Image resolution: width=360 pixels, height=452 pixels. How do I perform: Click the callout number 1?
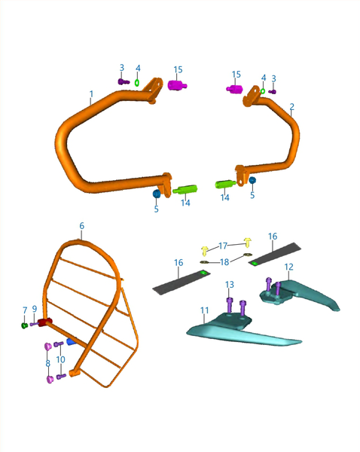click(91, 94)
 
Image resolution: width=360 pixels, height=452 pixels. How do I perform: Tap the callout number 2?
click(292, 107)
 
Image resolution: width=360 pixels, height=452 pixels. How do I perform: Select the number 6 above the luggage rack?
click(82, 226)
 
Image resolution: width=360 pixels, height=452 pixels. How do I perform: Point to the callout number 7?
click(25, 310)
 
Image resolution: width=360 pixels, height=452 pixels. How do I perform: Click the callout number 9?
click(35, 309)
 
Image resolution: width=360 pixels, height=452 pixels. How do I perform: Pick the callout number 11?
click(204, 310)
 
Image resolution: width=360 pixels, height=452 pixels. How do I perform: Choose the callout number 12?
click(288, 267)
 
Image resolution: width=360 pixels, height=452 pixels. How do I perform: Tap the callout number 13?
click(230, 285)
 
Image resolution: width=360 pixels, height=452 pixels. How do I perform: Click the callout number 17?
click(223, 246)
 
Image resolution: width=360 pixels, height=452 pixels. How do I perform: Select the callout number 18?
click(224, 262)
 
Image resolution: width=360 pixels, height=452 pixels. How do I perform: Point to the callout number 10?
click(60, 359)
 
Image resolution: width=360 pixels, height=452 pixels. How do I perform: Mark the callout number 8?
click(48, 364)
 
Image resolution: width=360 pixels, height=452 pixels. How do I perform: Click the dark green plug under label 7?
click(25, 325)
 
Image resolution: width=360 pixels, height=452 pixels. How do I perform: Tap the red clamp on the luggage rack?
click(44, 322)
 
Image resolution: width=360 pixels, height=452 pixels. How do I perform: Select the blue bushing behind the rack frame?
click(71, 342)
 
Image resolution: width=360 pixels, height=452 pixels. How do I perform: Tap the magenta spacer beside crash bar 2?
click(234, 89)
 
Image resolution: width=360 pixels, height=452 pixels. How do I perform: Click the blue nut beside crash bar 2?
click(252, 181)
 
